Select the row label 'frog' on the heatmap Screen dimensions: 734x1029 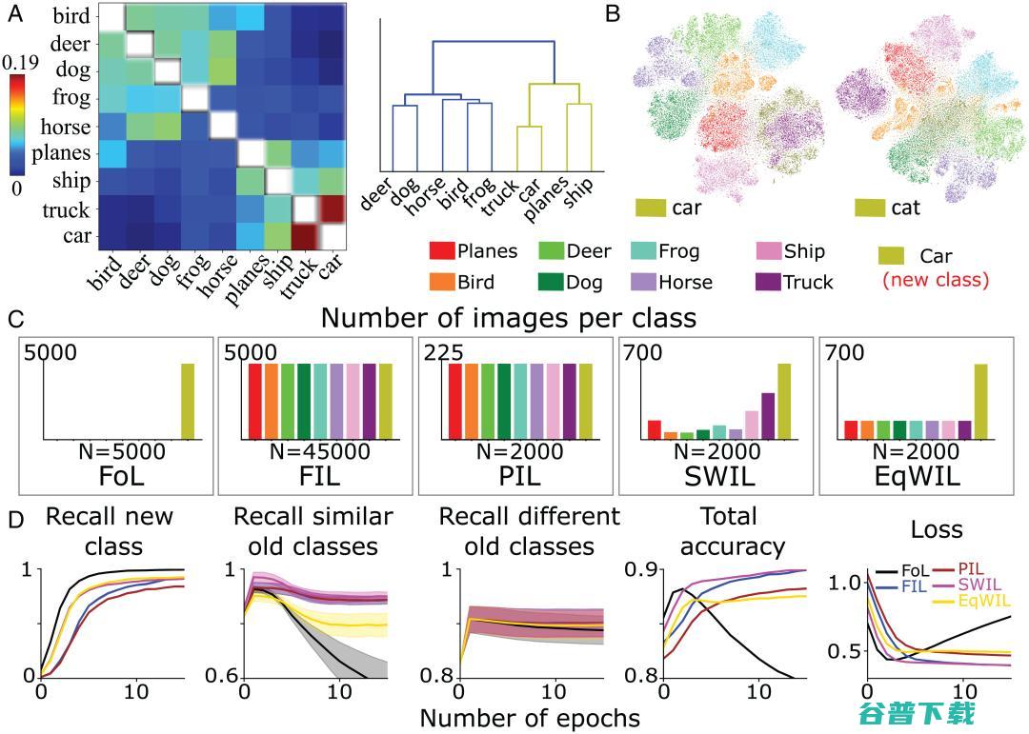click(x=71, y=99)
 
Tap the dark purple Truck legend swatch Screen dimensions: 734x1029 click(x=767, y=281)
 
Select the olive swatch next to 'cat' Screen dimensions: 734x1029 click(x=869, y=207)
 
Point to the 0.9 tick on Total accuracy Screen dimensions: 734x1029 click(x=640, y=569)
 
